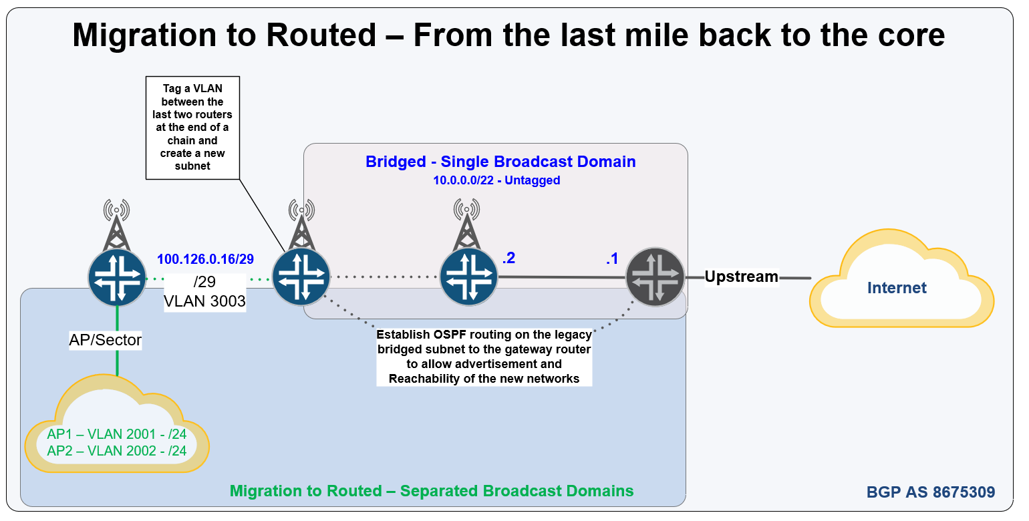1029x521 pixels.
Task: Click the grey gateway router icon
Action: click(x=655, y=276)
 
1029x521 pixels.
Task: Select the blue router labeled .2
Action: click(x=469, y=276)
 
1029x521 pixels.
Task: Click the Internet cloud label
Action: click(x=897, y=288)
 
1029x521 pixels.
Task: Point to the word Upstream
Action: click(x=742, y=277)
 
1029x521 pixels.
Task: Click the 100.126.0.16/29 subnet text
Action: click(x=205, y=259)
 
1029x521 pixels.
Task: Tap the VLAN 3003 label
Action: click(x=204, y=301)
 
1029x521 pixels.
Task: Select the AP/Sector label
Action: click(x=106, y=340)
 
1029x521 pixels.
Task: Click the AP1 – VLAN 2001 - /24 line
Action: click(x=117, y=433)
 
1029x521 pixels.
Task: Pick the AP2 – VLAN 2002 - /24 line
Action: click(x=117, y=451)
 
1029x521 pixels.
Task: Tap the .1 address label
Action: click(x=612, y=259)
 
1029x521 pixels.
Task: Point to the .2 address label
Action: click(x=508, y=258)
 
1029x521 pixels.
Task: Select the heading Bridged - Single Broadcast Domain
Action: click(x=500, y=162)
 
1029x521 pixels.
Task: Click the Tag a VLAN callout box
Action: click(x=193, y=127)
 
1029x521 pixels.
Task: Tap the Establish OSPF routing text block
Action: click(x=484, y=357)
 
